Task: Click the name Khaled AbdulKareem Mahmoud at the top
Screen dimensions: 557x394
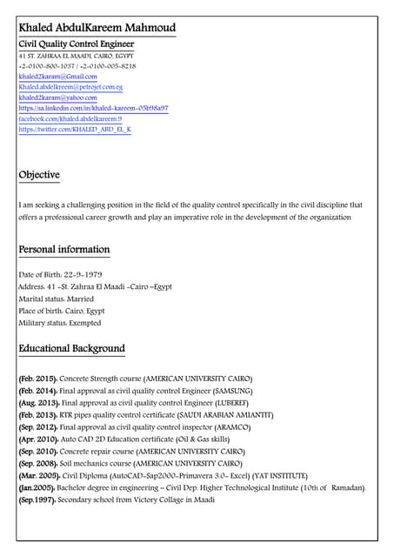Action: [97, 28]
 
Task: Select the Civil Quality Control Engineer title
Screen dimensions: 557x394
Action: [77, 44]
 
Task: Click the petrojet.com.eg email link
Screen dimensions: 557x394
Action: [70, 88]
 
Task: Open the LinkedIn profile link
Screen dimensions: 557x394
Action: [93, 109]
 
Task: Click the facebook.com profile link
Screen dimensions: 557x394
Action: [70, 119]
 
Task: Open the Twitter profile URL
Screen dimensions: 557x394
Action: [75, 130]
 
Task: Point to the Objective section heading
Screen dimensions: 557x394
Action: [39, 175]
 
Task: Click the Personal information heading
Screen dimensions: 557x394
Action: [64, 250]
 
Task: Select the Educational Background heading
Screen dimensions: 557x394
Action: [71, 349]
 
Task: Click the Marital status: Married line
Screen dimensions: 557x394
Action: [56, 299]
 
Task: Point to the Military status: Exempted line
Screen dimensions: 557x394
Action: [60, 323]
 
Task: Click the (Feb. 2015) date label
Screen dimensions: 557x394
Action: [38, 379]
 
